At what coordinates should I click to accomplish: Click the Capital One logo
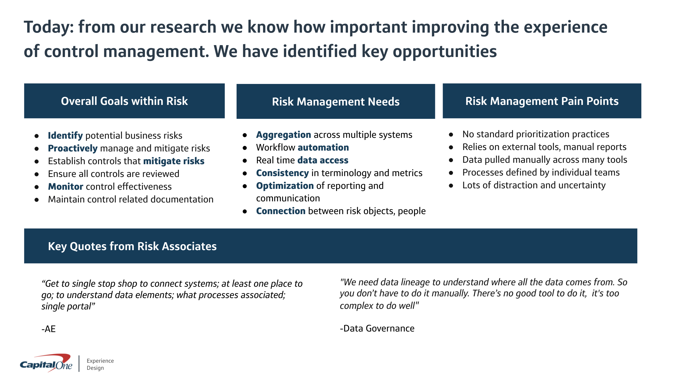[x=46, y=363]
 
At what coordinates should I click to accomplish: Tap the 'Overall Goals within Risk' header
[x=124, y=101]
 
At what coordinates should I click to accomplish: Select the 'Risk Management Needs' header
[x=336, y=102]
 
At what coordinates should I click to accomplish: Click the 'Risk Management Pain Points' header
[x=542, y=101]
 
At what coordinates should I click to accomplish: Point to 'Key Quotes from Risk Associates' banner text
[x=132, y=246]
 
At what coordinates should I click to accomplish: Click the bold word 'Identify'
[x=65, y=136]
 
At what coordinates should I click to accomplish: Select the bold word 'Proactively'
[x=73, y=148]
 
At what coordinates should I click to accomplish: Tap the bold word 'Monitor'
[x=65, y=186]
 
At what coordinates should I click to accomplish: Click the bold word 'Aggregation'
[x=283, y=135]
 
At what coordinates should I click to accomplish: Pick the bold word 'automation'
[x=323, y=147]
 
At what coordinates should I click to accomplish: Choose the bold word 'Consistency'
[x=282, y=173]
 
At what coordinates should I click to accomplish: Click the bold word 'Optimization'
[x=285, y=186]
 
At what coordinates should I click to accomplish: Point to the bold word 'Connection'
[x=281, y=211]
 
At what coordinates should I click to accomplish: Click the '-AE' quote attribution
[x=48, y=329]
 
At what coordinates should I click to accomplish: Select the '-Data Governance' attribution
[x=377, y=328]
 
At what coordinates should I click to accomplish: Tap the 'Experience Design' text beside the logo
[x=100, y=364]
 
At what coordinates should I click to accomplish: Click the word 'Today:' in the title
[x=49, y=27]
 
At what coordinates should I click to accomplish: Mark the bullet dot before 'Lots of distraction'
[x=451, y=186]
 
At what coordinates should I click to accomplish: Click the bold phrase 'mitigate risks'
[x=174, y=161]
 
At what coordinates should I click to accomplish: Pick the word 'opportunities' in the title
[x=445, y=52]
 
